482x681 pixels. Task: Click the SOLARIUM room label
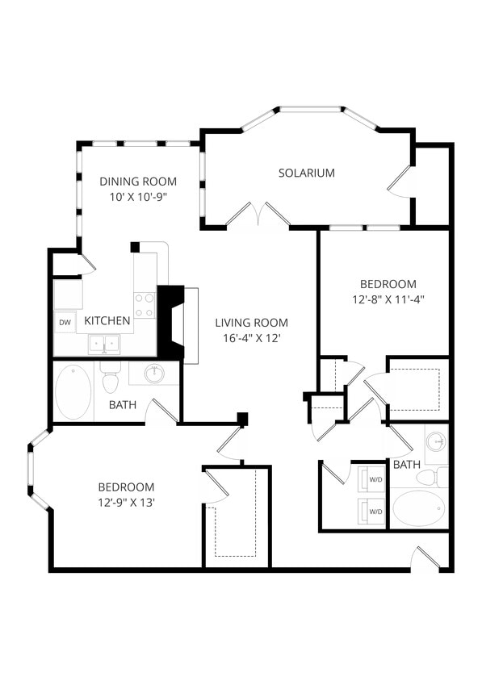click(306, 173)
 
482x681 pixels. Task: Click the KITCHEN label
click(107, 320)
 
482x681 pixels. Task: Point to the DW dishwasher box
click(65, 322)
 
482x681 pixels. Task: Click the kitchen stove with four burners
click(145, 304)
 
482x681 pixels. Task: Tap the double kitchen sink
click(105, 345)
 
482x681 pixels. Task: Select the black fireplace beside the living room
click(171, 323)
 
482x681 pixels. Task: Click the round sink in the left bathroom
click(154, 373)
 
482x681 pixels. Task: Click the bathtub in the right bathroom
click(418, 509)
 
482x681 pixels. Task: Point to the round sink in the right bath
click(436, 441)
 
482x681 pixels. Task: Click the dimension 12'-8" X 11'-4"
click(388, 299)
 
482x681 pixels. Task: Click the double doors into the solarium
click(258, 215)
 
